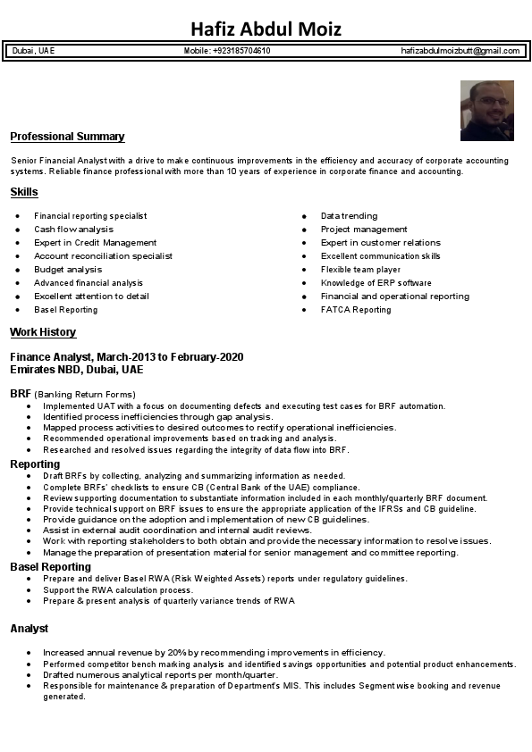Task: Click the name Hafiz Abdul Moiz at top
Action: coord(266,29)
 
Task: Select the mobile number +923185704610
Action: coord(227,51)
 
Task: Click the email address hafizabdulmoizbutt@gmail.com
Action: coord(460,51)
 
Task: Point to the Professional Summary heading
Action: coord(67,137)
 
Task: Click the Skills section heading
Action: coord(24,192)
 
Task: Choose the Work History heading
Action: coord(43,332)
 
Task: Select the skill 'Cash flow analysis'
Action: coord(73,230)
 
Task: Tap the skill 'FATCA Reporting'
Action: coord(356,310)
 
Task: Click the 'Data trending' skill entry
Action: coord(349,216)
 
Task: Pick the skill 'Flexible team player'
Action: coord(360,270)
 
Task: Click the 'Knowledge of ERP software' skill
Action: coord(376,283)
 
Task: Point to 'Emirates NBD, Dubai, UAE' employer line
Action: coord(76,369)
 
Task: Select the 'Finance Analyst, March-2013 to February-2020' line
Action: coord(126,357)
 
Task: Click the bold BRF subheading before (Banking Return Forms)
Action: coord(21,394)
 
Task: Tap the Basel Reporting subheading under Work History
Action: coord(50,567)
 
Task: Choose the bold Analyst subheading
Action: coord(30,629)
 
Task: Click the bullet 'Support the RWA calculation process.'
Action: coord(117,590)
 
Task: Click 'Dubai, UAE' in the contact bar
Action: coord(34,51)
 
